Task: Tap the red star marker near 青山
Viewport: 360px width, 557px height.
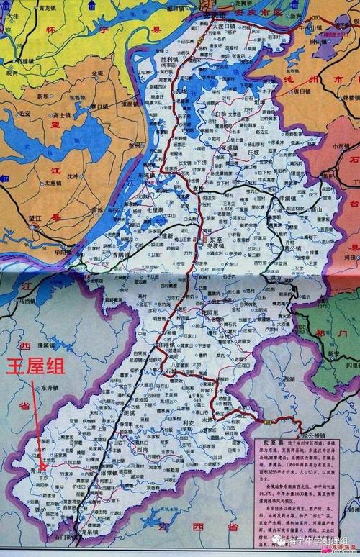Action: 43,466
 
